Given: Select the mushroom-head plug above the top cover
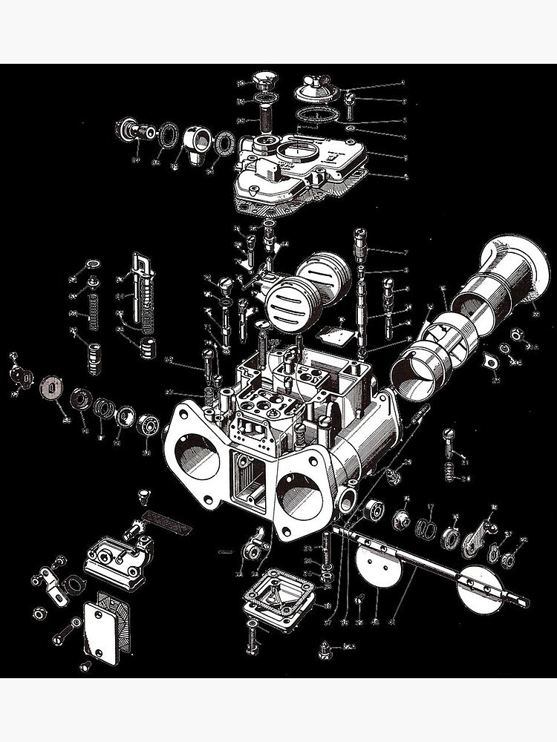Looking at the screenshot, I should coord(263,81).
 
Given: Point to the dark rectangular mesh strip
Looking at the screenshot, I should coord(166,521).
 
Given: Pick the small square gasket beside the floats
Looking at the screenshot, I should coord(339,335).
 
